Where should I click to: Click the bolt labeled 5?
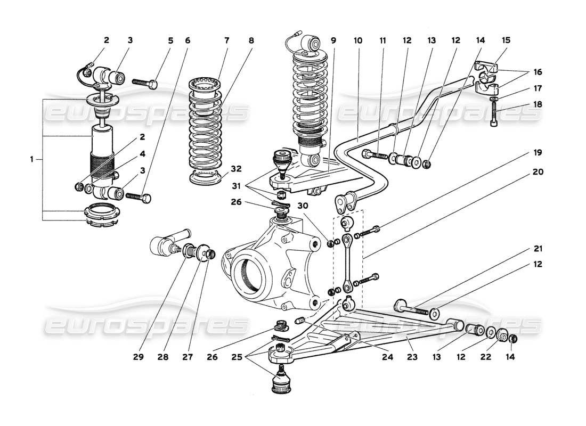144,83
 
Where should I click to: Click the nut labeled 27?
211,255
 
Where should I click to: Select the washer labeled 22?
502,335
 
